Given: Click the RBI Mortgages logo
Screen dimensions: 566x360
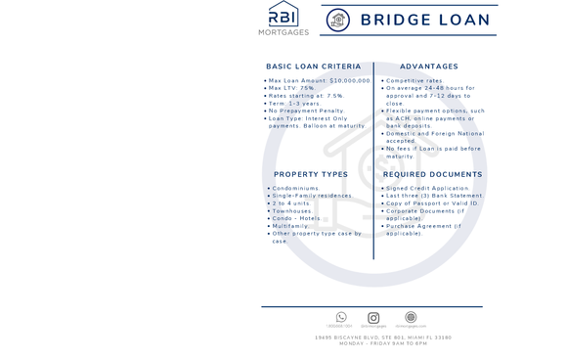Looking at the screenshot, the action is (283, 19).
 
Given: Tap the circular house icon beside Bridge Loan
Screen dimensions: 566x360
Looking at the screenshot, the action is (337, 21).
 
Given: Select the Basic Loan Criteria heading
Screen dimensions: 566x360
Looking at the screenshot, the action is (313, 67).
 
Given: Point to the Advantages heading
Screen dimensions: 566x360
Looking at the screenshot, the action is (429, 67).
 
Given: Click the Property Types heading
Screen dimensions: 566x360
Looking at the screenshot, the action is (311, 174).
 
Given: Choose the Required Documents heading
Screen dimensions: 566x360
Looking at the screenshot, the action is (433, 174).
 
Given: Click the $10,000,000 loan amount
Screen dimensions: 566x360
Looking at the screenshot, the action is (351, 80).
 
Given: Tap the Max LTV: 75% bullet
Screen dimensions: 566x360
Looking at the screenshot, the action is (292, 88).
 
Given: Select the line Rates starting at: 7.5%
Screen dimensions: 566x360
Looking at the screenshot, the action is (306, 96).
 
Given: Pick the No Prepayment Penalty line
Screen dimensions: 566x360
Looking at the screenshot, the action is (306, 111).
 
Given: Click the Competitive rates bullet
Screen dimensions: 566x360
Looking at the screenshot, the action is (414, 80).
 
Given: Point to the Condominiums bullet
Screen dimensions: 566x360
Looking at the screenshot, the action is (295, 188).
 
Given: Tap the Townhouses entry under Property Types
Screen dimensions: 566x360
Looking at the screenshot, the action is (292, 210).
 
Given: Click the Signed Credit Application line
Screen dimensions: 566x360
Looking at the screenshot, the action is (427, 188).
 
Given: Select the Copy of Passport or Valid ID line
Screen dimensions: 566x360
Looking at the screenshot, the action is (432, 203).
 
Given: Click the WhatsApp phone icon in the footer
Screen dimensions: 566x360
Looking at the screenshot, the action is (341, 317).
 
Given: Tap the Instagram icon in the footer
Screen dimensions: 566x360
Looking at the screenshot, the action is (373, 317).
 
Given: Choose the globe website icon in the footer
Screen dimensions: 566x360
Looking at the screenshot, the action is (411, 317).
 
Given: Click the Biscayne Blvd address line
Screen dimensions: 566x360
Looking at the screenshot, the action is (383, 337).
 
